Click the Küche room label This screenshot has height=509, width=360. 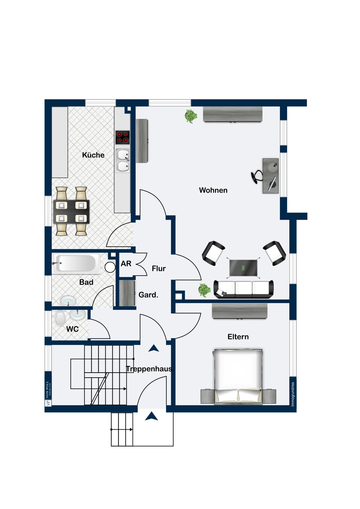click(x=93, y=155)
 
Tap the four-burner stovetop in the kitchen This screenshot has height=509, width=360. click(x=122, y=137)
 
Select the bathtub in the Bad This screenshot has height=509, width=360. click(x=76, y=263)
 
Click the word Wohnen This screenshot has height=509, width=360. click(x=213, y=190)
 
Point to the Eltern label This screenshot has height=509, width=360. click(x=238, y=337)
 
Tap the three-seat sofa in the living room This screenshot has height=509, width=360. click(x=244, y=289)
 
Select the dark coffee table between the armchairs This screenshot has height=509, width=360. click(x=243, y=268)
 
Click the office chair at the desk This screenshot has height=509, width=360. click(x=256, y=176)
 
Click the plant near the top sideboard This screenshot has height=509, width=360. click(x=191, y=116)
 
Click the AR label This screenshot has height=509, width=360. click(x=126, y=264)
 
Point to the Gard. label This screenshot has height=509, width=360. click(x=148, y=295)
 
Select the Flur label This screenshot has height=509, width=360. click(x=159, y=269)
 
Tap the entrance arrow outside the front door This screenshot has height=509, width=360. click(x=151, y=416)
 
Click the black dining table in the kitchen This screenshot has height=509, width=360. click(x=71, y=211)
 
